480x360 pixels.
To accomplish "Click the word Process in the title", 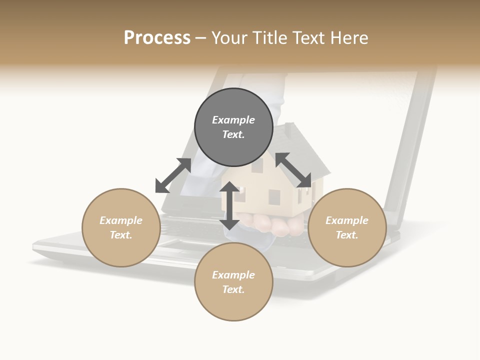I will pyautogui.click(x=157, y=38).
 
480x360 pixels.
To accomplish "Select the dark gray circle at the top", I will pyautogui.click(x=233, y=127).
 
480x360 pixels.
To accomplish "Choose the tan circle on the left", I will pyautogui.click(x=121, y=227).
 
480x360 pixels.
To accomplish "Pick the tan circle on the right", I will pyautogui.click(x=347, y=227).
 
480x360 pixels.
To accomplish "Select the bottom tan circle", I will pyautogui.click(x=233, y=282).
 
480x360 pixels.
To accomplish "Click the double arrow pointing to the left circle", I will pyautogui.click(x=173, y=175).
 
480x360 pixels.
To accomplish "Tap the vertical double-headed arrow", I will pyautogui.click(x=229, y=206).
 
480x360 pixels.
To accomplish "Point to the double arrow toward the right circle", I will pyautogui.click(x=293, y=170).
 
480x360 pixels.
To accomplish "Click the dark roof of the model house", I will pyautogui.click(x=300, y=150).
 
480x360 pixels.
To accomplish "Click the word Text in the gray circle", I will pyautogui.click(x=233, y=134).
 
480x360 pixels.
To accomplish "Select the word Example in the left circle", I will pyautogui.click(x=121, y=220).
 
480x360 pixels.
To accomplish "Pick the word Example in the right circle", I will pyautogui.click(x=347, y=220).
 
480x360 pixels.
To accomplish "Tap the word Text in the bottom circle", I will pyautogui.click(x=233, y=289).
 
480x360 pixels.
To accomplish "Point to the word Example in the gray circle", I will pyautogui.click(x=233, y=120).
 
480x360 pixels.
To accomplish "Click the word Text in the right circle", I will pyautogui.click(x=347, y=235).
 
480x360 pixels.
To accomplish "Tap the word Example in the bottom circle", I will pyautogui.click(x=233, y=275).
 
